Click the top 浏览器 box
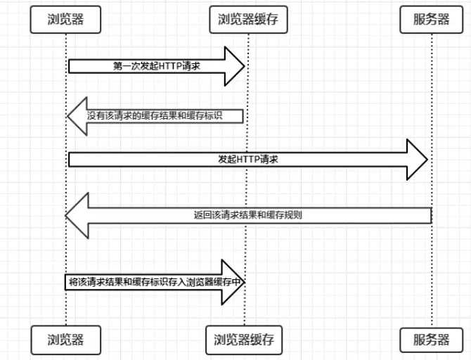click(66, 20)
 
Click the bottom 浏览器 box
click(66, 340)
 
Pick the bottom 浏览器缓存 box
click(244, 340)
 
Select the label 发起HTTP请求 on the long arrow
click(248, 160)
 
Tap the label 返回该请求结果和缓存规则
click(248, 214)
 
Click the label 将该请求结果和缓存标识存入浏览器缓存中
click(155, 281)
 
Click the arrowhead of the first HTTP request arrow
click(235, 66)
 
